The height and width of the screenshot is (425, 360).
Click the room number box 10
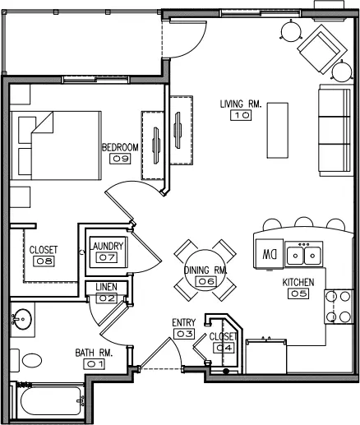point(241,115)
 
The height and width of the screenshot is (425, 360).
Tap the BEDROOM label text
point(120,147)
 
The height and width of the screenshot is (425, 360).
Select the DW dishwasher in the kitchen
point(269,253)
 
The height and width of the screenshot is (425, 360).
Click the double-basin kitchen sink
point(304,253)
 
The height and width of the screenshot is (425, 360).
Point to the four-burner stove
point(339,307)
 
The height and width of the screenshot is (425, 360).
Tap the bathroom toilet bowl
point(32,360)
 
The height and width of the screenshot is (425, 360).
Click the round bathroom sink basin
point(23,319)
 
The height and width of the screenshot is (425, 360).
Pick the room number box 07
point(107,257)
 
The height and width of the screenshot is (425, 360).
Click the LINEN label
point(106,287)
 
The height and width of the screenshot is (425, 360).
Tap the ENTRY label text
point(184,322)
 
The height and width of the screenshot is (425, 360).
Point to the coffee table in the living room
point(278,131)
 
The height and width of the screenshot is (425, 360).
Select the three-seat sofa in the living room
point(335,130)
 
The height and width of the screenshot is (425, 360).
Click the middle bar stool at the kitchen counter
point(304,222)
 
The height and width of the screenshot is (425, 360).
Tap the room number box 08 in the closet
point(44,261)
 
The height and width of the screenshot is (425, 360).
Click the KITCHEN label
point(298,282)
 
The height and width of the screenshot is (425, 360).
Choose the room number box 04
point(224,348)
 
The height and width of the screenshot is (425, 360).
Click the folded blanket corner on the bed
point(43,122)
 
